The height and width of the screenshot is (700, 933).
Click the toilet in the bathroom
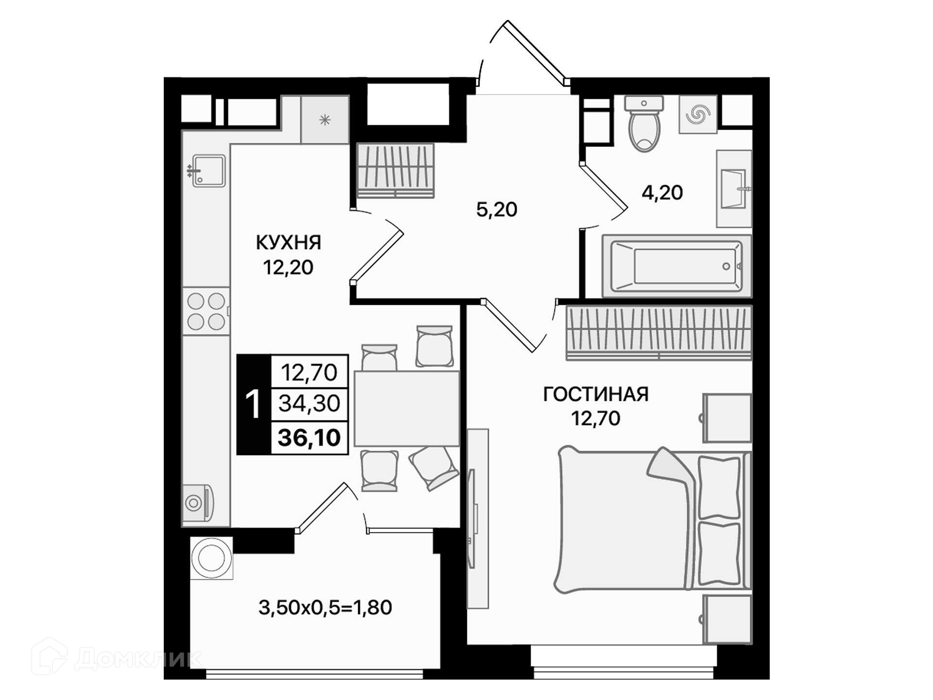click(x=644, y=123)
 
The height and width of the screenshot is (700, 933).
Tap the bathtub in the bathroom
click(x=676, y=266)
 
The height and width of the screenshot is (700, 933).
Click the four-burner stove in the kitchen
click(x=206, y=311)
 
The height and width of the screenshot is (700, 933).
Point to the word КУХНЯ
click(x=289, y=243)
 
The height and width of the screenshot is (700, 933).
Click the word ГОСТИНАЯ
click(x=596, y=394)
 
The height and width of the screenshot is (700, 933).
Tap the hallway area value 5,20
click(x=497, y=210)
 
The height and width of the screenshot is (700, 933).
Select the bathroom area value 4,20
click(x=662, y=193)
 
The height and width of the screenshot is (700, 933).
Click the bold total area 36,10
click(x=309, y=437)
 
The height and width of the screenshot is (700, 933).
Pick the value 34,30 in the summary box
click(x=309, y=403)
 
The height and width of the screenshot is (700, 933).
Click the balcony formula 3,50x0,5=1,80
click(x=325, y=608)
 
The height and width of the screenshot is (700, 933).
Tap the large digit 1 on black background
click(x=253, y=404)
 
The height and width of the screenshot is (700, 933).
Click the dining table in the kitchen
click(x=407, y=408)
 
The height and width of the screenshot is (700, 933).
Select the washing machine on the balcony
click(x=211, y=558)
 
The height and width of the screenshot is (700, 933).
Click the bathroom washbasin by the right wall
click(x=734, y=189)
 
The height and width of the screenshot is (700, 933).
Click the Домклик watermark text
click(x=138, y=659)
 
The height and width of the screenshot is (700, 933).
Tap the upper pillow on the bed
click(x=719, y=488)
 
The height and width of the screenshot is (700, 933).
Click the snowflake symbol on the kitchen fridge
click(x=325, y=120)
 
